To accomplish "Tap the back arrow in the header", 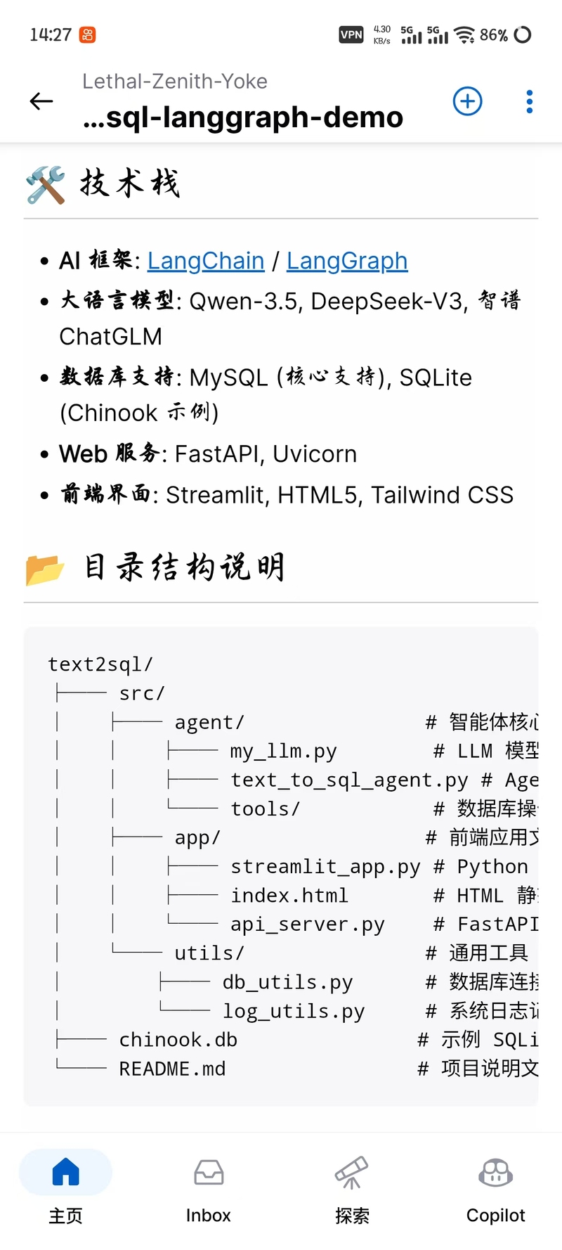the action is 41,101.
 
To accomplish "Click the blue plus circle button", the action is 468,101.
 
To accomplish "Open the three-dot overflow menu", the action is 530,101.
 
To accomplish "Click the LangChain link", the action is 206,261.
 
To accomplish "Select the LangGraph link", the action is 347,261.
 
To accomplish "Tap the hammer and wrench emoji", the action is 46,185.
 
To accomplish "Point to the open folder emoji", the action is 45,569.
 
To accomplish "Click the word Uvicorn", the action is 315,454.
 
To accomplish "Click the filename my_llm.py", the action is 284,752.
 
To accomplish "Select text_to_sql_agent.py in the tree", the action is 349,780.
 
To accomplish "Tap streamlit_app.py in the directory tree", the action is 325,867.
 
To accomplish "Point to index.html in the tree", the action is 289,896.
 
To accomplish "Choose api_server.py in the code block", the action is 308,924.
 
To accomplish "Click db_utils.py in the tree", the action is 288,982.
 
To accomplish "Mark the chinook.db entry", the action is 178,1040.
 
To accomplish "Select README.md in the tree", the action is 173,1069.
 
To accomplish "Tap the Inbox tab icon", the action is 209,1173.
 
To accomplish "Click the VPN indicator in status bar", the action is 351,34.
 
